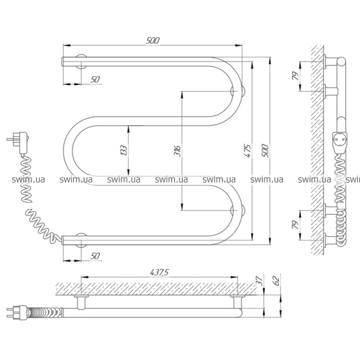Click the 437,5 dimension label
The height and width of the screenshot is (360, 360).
159,272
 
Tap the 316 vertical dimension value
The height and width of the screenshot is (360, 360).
177,151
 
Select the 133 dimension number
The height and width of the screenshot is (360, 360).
124,151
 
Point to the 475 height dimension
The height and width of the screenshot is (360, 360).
247,151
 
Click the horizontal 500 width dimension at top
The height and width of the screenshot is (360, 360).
153,41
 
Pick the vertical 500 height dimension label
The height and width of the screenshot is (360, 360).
264,151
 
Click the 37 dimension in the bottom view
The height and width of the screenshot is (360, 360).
259,281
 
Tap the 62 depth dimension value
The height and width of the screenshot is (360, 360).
277,281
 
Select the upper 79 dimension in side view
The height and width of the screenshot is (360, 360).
295,76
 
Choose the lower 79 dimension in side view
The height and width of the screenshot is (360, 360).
295,225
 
